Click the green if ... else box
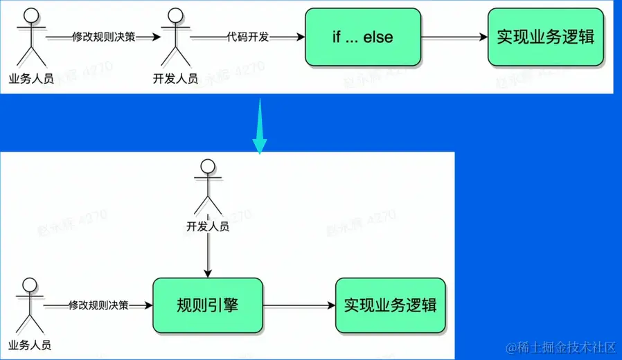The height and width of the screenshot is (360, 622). click(x=363, y=37)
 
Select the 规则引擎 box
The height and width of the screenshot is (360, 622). click(x=208, y=305)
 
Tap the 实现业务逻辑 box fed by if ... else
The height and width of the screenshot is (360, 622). click(x=545, y=37)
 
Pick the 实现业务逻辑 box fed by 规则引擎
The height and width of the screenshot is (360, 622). click(x=390, y=305)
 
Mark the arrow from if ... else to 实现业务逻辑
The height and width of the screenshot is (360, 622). click(x=454, y=37)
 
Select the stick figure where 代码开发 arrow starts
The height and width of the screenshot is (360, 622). click(x=175, y=38)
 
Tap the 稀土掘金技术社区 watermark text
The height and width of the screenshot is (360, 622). click(x=561, y=345)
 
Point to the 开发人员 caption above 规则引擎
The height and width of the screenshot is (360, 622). click(x=208, y=226)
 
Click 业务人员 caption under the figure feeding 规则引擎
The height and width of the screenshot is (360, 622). click(x=30, y=344)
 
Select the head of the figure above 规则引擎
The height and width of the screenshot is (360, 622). click(x=208, y=166)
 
